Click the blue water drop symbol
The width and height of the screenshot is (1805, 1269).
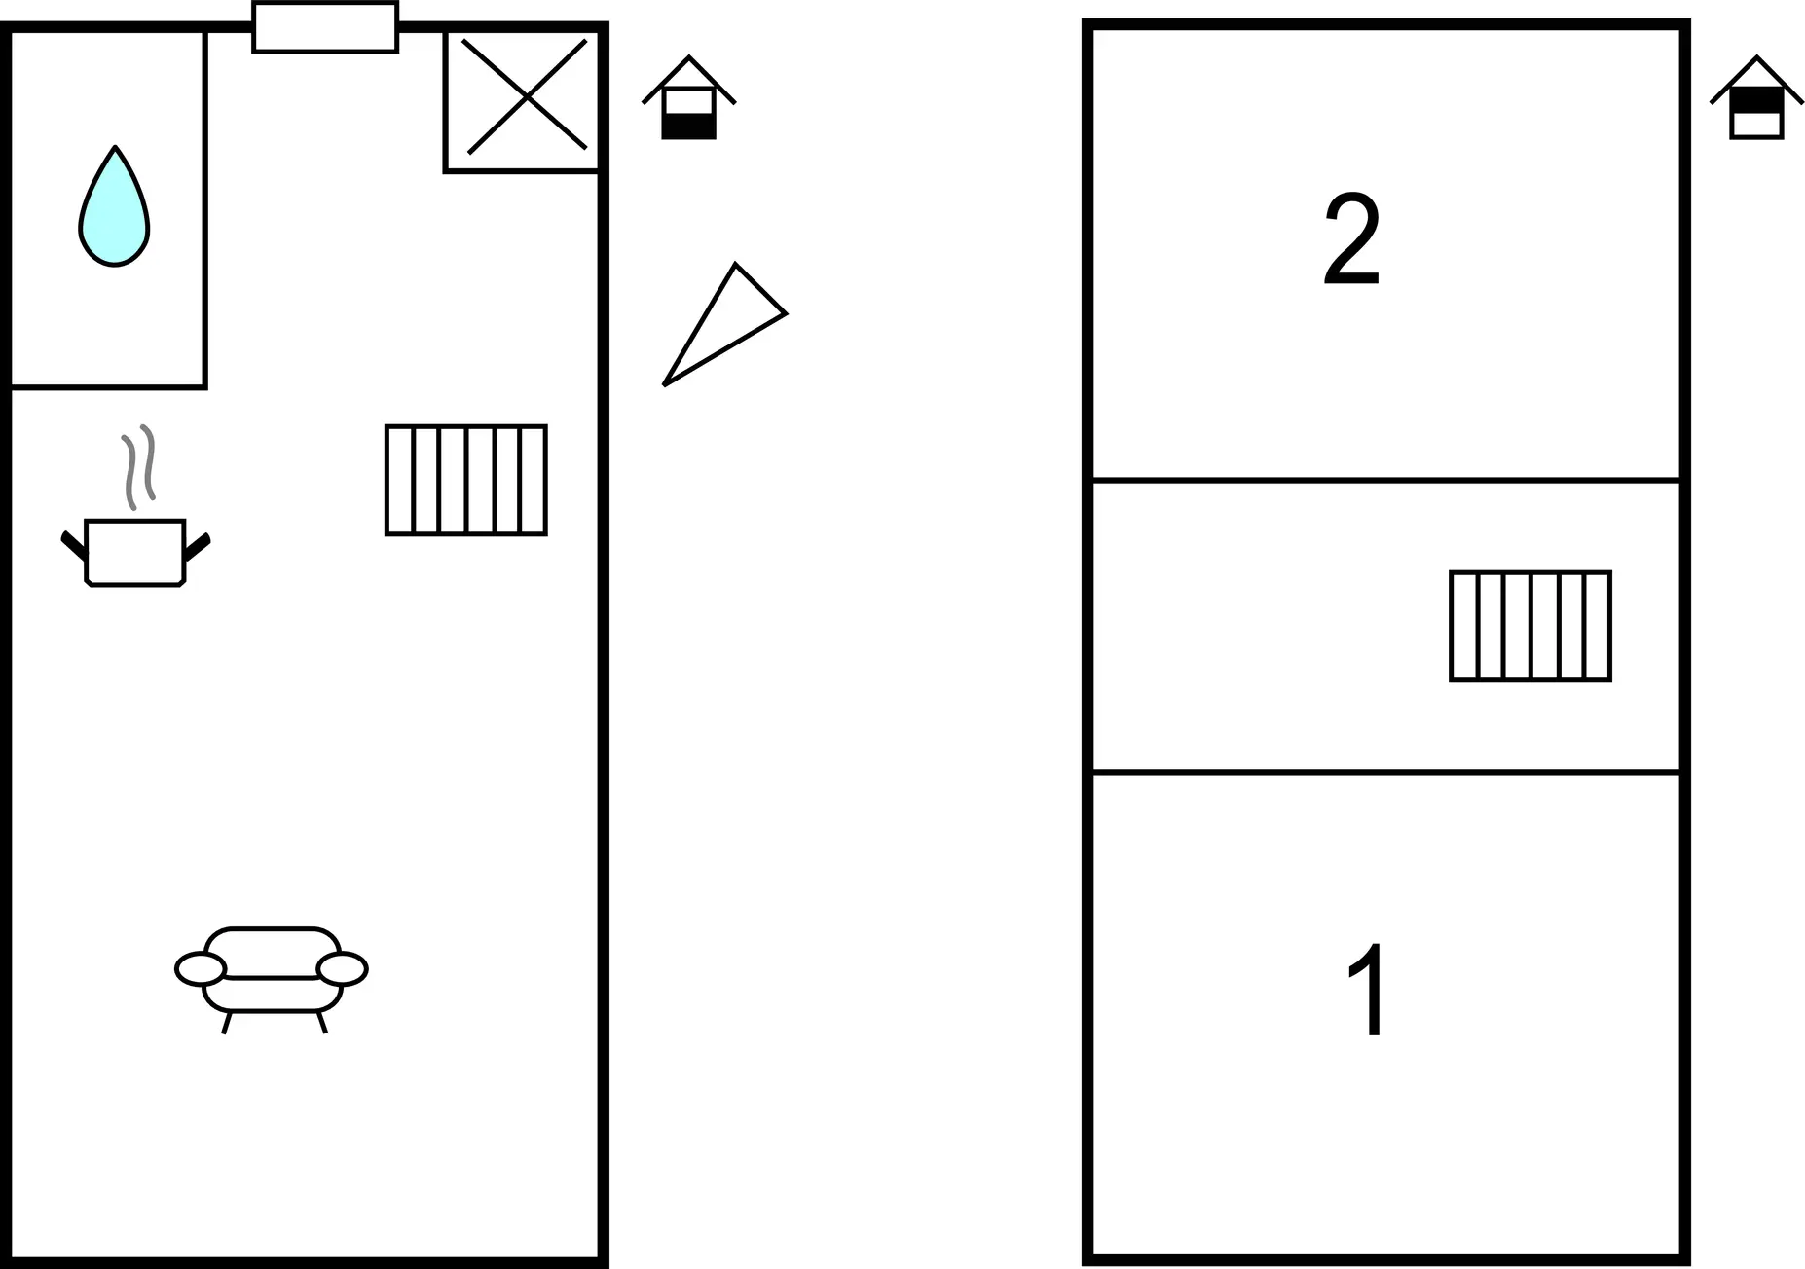114,208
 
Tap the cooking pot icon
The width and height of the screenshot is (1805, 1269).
134,552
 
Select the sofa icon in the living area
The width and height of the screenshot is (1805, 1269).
272,973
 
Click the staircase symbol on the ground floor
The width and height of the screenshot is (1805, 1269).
465,480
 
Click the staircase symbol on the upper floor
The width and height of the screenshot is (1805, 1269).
1529,626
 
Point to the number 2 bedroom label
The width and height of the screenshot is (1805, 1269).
1351,239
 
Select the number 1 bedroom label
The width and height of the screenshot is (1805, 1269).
1367,989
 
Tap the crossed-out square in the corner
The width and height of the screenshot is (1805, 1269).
526,96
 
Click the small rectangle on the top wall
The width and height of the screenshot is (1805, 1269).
325,27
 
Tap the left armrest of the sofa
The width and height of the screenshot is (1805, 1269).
201,969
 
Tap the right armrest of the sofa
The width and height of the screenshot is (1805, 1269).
342,969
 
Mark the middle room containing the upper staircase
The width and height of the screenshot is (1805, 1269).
1266,626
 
